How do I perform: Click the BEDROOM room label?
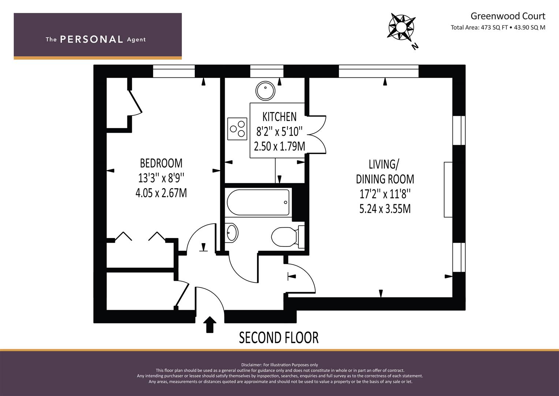coord(161,163)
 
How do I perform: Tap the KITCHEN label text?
coord(279,117)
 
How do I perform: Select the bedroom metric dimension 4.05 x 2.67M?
coord(161,193)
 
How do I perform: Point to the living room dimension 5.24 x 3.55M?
coord(385,209)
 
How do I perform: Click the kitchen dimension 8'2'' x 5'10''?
coord(279,132)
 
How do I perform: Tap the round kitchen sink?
coord(265,91)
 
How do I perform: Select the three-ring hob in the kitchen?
coord(237,129)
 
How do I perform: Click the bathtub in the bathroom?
coord(258,202)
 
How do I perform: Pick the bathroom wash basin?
coord(231,233)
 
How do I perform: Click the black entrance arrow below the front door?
coord(210,324)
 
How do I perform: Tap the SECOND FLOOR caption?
coord(279,337)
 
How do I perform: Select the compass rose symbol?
coord(401,27)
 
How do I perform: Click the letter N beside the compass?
coord(415,46)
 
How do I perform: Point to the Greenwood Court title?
coord(508,16)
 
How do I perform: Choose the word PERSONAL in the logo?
coord(92,39)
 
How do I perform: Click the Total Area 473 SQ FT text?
coord(479,27)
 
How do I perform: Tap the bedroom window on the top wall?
coord(174,71)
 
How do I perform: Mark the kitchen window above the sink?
coord(267,71)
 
